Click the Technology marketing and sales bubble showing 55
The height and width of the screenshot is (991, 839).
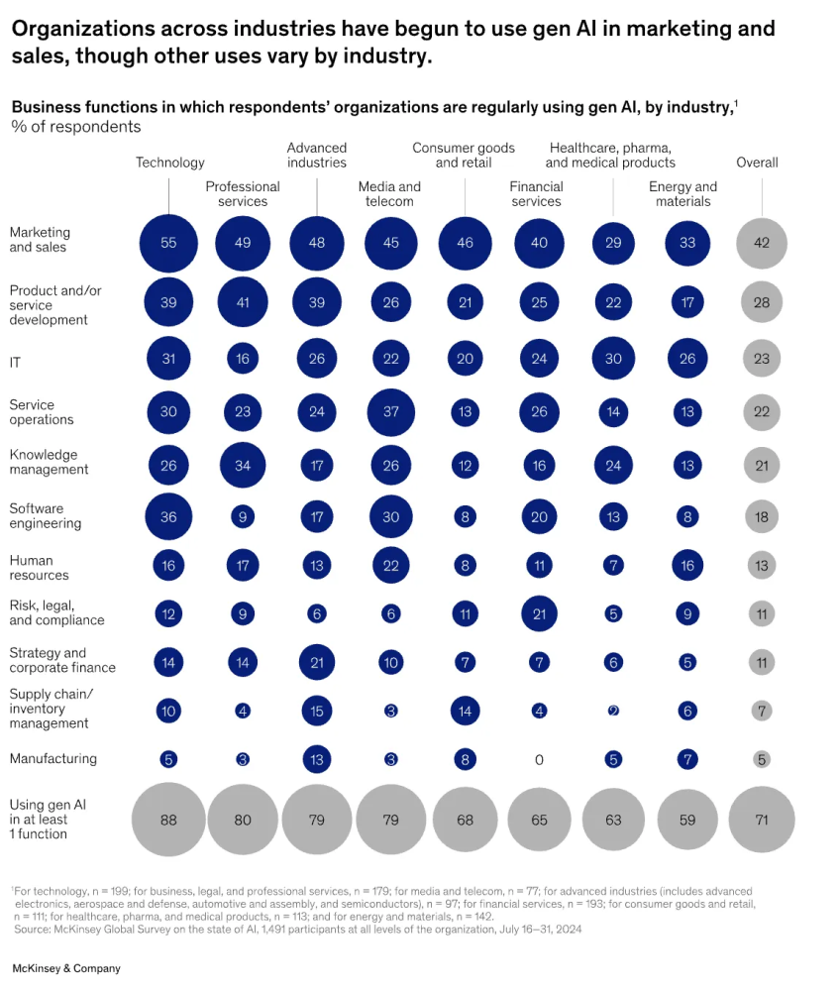pos(168,242)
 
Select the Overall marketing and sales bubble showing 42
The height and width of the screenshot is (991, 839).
pos(762,242)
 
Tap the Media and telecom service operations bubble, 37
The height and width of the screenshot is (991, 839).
pos(390,411)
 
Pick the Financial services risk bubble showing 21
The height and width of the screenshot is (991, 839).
pos(539,613)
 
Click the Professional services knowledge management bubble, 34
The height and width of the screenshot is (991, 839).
pos(243,463)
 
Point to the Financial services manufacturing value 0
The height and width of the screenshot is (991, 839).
pos(539,760)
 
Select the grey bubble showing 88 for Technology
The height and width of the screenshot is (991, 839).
pos(168,820)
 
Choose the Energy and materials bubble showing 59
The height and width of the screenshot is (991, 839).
pos(687,820)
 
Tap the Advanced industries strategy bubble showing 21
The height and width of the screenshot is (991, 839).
pos(317,662)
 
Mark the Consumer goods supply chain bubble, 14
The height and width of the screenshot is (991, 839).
pos(465,711)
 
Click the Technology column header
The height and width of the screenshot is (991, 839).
pos(170,163)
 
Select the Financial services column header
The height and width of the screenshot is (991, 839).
pos(536,194)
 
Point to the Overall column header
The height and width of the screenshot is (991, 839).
pos(757,163)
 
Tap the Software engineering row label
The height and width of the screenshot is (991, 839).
pos(46,515)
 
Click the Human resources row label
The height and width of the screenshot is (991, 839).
pos(40,568)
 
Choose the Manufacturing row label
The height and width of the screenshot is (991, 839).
pos(53,759)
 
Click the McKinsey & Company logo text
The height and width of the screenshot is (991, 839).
pos(65,968)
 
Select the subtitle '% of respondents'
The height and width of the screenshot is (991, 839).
pos(76,127)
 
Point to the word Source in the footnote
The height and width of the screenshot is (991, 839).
pos(31,917)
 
